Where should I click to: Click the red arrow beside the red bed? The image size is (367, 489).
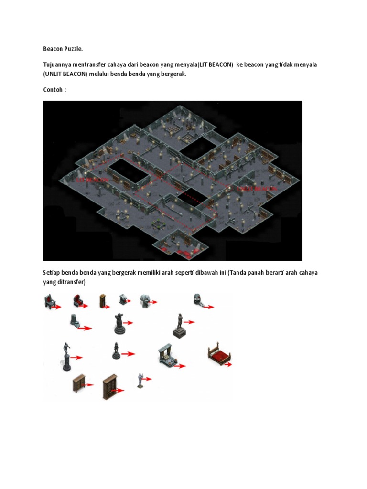[x=228, y=364]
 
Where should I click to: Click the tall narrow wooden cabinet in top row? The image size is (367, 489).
[x=102, y=301]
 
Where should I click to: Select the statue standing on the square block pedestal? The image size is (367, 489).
[x=179, y=326]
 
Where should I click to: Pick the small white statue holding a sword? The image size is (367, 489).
[x=140, y=380]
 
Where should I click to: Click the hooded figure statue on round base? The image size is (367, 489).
[x=119, y=325]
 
